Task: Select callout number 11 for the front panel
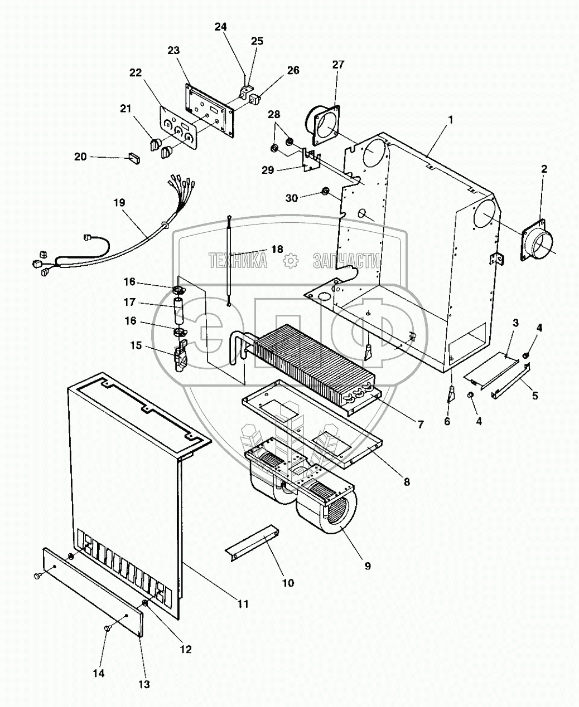[243, 603]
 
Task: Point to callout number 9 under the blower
[367, 565]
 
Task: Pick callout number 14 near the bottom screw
[98, 673]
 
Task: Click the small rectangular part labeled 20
[134, 158]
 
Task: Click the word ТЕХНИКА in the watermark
[238, 260]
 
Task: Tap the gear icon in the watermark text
[289, 260]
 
